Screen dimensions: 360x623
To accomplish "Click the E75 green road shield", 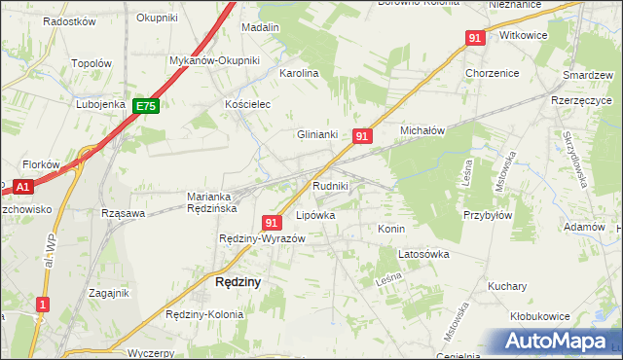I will [x=146, y=107].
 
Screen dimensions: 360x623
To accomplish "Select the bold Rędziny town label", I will [x=237, y=282].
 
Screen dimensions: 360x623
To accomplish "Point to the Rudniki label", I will [x=331, y=185].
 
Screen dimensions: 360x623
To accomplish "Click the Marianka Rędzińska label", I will [x=213, y=201].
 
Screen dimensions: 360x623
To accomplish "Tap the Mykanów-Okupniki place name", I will [x=214, y=60].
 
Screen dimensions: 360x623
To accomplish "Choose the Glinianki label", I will [x=316, y=135].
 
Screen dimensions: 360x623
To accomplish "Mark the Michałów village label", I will [x=422, y=129].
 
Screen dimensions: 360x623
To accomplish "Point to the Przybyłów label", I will [x=488, y=216].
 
